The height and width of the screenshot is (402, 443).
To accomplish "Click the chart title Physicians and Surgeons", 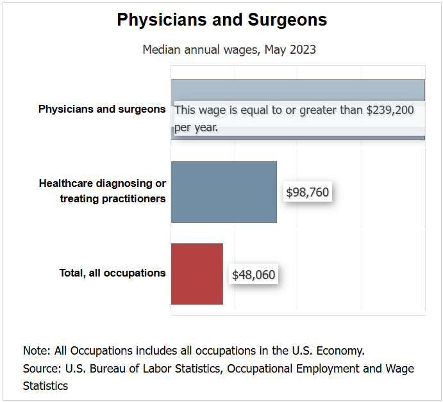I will [222, 20].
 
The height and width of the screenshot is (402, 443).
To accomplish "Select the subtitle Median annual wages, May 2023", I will [229, 49].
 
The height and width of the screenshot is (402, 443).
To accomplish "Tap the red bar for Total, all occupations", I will [197, 273].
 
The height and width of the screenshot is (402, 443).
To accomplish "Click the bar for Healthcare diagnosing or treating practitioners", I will [224, 191].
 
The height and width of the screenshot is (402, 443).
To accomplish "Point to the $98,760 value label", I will [307, 192].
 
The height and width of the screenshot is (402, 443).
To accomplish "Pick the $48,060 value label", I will [253, 275].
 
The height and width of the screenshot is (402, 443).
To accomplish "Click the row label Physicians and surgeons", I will [102, 109].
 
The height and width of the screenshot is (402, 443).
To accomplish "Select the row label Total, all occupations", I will [112, 273].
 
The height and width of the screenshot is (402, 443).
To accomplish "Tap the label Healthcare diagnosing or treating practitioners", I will [103, 191].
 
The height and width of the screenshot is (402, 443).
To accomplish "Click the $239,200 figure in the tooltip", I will [390, 110].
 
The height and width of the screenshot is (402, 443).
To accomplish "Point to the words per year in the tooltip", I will [196, 127].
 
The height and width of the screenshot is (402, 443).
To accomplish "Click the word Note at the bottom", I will [35, 350].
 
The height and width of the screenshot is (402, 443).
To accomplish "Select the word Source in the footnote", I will [40, 368].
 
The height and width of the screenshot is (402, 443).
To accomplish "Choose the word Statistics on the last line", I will [46, 386].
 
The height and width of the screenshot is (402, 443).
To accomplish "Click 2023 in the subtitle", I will [302, 49].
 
